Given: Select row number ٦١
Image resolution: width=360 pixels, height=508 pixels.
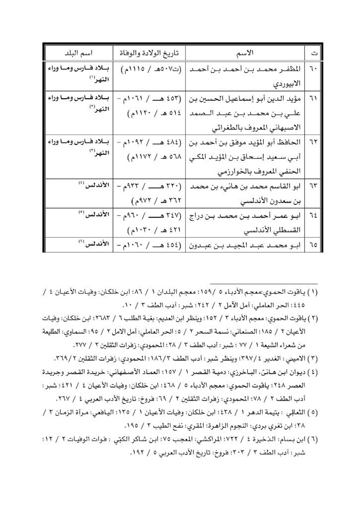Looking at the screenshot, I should click(314, 97).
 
